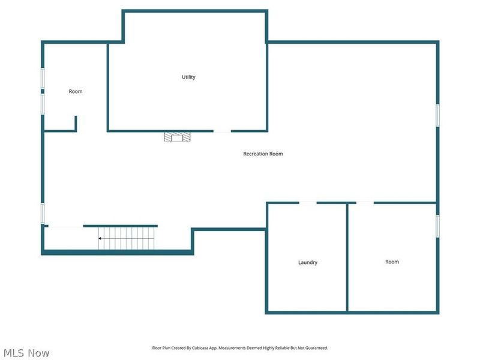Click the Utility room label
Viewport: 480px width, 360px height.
pyautogui.click(x=188, y=77)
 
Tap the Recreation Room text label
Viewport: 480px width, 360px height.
pyautogui.click(x=263, y=154)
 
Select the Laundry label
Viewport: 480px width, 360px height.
pyautogui.click(x=308, y=262)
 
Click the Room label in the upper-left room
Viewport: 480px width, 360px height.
pyautogui.click(x=76, y=91)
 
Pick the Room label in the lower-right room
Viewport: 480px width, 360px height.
pyautogui.click(x=392, y=262)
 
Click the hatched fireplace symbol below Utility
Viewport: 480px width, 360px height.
pyautogui.click(x=177, y=137)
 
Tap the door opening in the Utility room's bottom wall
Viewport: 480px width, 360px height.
pyautogui.click(x=222, y=131)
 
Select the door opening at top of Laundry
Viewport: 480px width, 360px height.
pyautogui.click(x=308, y=203)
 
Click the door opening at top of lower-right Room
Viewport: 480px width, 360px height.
pyautogui.click(x=365, y=203)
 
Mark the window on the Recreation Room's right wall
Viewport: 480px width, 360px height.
pyautogui.click(x=437, y=115)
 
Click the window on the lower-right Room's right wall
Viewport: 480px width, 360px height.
pyautogui.click(x=437, y=226)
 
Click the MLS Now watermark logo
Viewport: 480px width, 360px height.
pyautogui.click(x=26, y=353)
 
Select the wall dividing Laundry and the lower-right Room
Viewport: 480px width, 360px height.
pyautogui.click(x=347, y=258)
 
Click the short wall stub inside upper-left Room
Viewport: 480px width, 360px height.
pyautogui.click(x=76, y=123)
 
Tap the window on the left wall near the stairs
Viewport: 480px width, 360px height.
pyautogui.click(x=43, y=213)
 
